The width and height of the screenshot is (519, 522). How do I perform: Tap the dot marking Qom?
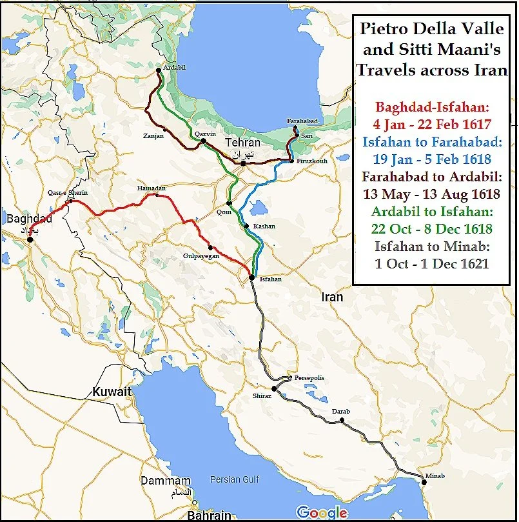229,203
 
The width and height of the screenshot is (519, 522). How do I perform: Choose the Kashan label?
264,226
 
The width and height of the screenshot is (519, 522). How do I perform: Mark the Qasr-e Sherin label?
67,193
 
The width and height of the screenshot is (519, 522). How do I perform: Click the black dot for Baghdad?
30,240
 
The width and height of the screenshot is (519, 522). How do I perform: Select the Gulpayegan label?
201,256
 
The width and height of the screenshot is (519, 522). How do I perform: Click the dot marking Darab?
342,421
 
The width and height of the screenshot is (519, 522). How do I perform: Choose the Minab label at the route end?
435,477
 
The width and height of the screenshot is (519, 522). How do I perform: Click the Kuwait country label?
112,392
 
